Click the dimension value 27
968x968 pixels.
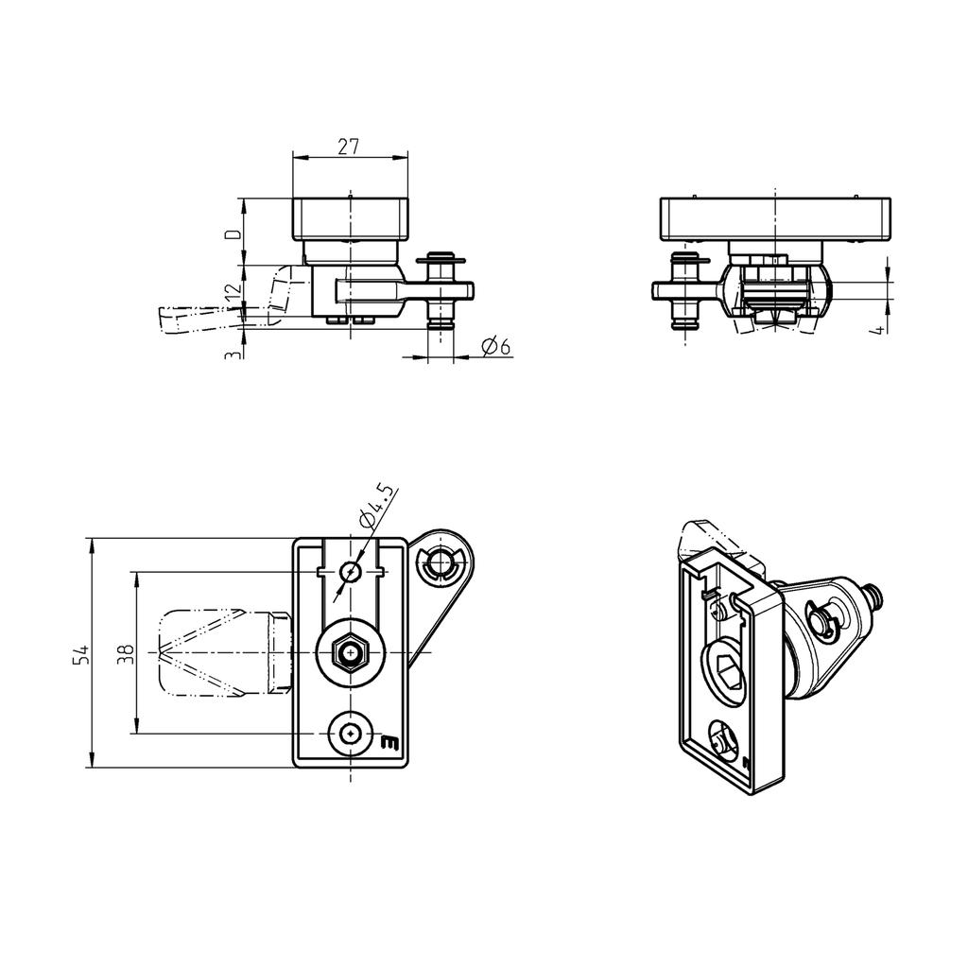click(349, 147)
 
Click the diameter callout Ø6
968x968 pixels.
click(495, 347)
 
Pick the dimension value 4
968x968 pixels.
click(879, 328)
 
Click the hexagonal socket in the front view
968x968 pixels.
click(351, 653)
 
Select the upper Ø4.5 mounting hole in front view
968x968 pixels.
click(351, 572)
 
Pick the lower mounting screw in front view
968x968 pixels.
click(351, 733)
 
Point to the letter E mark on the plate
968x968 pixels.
click(389, 743)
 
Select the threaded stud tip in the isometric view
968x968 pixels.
click(878, 595)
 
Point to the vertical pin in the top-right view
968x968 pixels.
click(687, 291)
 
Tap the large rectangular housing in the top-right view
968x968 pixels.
click(775, 217)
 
